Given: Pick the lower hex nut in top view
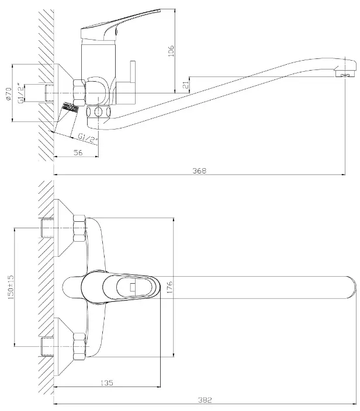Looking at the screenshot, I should click(79, 346).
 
